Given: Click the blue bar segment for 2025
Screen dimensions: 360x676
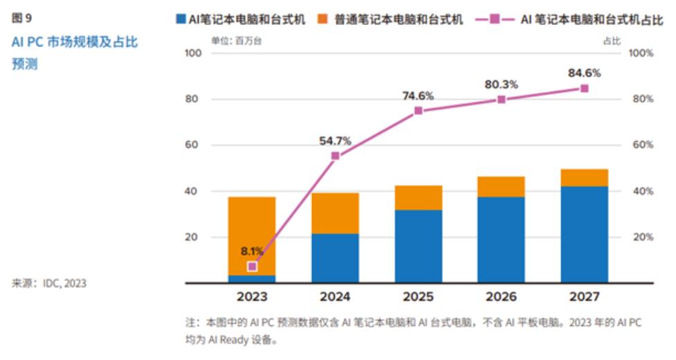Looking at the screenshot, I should pos(418,246).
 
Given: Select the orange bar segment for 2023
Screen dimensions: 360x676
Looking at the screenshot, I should pos(252,235).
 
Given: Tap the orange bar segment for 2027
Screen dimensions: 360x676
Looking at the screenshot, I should pos(585,178).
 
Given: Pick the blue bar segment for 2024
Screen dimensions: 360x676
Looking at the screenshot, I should pos(335,258).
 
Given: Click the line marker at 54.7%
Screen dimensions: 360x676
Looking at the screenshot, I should pos(336,156).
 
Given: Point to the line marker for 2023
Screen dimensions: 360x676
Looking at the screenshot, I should pos(253,266).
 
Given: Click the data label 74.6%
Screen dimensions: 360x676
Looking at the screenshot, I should pos(418,96).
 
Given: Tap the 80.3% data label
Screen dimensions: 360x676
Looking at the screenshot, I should pos(501,84).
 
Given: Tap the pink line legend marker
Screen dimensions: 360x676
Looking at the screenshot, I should pos(495,19).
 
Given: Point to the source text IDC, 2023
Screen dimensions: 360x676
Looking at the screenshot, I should pos(65,282).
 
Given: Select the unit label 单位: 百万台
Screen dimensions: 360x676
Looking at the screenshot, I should pos(237,41).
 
